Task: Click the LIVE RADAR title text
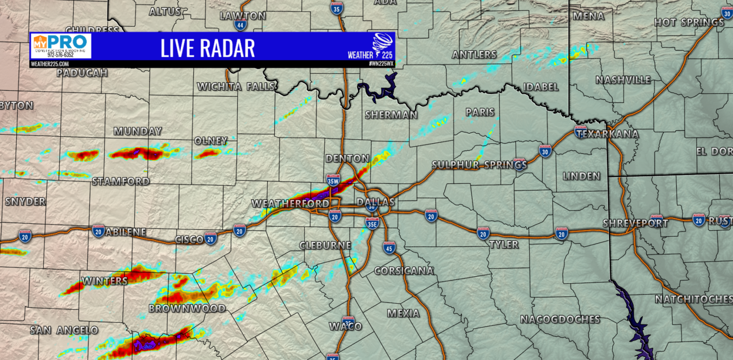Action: (x=207, y=48)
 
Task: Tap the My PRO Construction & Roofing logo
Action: (x=61, y=46)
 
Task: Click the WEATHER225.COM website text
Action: (x=50, y=64)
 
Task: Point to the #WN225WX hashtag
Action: (x=380, y=64)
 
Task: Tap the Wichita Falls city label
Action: (x=236, y=86)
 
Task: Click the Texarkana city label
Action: (x=607, y=134)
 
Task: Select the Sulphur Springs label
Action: (x=479, y=165)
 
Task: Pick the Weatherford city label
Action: (x=290, y=204)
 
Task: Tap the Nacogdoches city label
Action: (x=560, y=319)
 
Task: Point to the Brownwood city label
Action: (x=187, y=308)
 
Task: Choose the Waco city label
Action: (x=346, y=327)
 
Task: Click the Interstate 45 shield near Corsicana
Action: (x=389, y=247)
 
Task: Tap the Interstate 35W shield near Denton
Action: (x=334, y=180)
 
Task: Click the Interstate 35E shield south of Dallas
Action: (x=373, y=223)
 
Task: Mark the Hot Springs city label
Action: (x=689, y=22)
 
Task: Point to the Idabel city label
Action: (x=541, y=87)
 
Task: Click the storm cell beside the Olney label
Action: (x=208, y=153)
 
